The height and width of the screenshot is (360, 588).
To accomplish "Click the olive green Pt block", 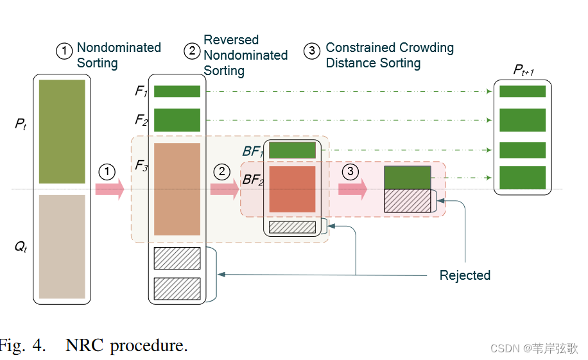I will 62,132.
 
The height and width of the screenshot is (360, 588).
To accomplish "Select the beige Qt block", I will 62,246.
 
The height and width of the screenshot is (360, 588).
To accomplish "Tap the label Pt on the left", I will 21,124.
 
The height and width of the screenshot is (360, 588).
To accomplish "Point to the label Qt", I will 21,246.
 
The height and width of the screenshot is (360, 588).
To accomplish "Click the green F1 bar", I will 177,92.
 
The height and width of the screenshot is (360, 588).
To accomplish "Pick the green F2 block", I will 177,120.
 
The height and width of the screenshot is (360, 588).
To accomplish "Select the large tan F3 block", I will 177,189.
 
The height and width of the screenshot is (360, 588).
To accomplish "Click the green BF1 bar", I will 292,150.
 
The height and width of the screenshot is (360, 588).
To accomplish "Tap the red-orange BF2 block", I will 292,189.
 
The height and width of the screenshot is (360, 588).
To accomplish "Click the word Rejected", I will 465,275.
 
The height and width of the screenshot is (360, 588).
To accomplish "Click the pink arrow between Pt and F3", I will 108,189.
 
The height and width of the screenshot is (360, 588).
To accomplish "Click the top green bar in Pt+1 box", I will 523,91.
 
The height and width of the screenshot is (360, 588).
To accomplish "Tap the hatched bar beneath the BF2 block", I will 292,227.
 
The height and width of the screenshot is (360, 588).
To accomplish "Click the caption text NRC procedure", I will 126,347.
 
